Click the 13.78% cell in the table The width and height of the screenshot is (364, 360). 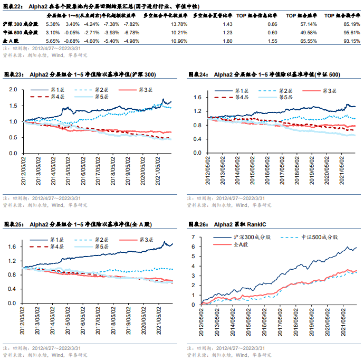(x=179, y=24)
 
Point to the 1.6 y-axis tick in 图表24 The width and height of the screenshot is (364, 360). (x=198, y=97)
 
